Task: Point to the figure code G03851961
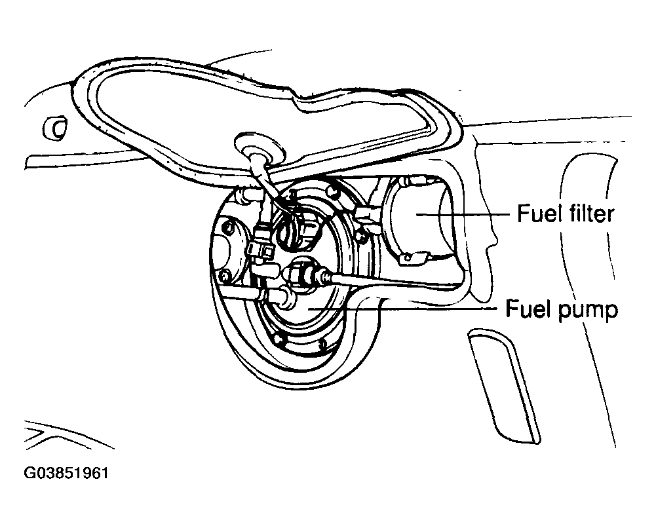point(66,472)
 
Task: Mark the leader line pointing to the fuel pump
point(406,307)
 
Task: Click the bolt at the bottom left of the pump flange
point(281,338)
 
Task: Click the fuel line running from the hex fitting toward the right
point(380,284)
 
